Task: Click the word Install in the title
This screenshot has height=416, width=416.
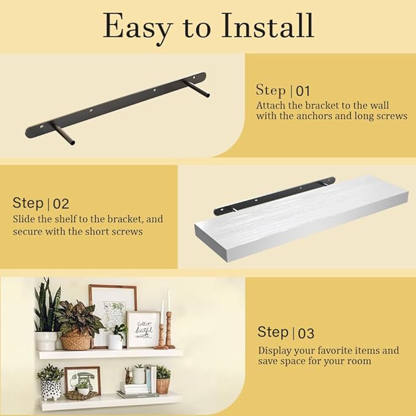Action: click(x=268, y=26)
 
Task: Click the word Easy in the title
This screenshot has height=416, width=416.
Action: click(x=138, y=28)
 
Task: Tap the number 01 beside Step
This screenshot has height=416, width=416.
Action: click(x=303, y=91)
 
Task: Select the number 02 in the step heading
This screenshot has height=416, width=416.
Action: click(x=61, y=204)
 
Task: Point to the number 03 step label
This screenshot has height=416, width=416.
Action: click(x=306, y=333)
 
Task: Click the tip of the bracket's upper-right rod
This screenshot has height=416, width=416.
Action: click(x=206, y=95)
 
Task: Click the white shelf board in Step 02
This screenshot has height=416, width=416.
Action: click(x=301, y=219)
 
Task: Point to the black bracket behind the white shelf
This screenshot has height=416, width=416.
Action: click(x=274, y=196)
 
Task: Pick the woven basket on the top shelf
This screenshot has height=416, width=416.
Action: click(x=76, y=341)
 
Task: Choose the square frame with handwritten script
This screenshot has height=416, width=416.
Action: click(x=143, y=329)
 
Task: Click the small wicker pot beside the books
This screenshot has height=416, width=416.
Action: click(x=163, y=386)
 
